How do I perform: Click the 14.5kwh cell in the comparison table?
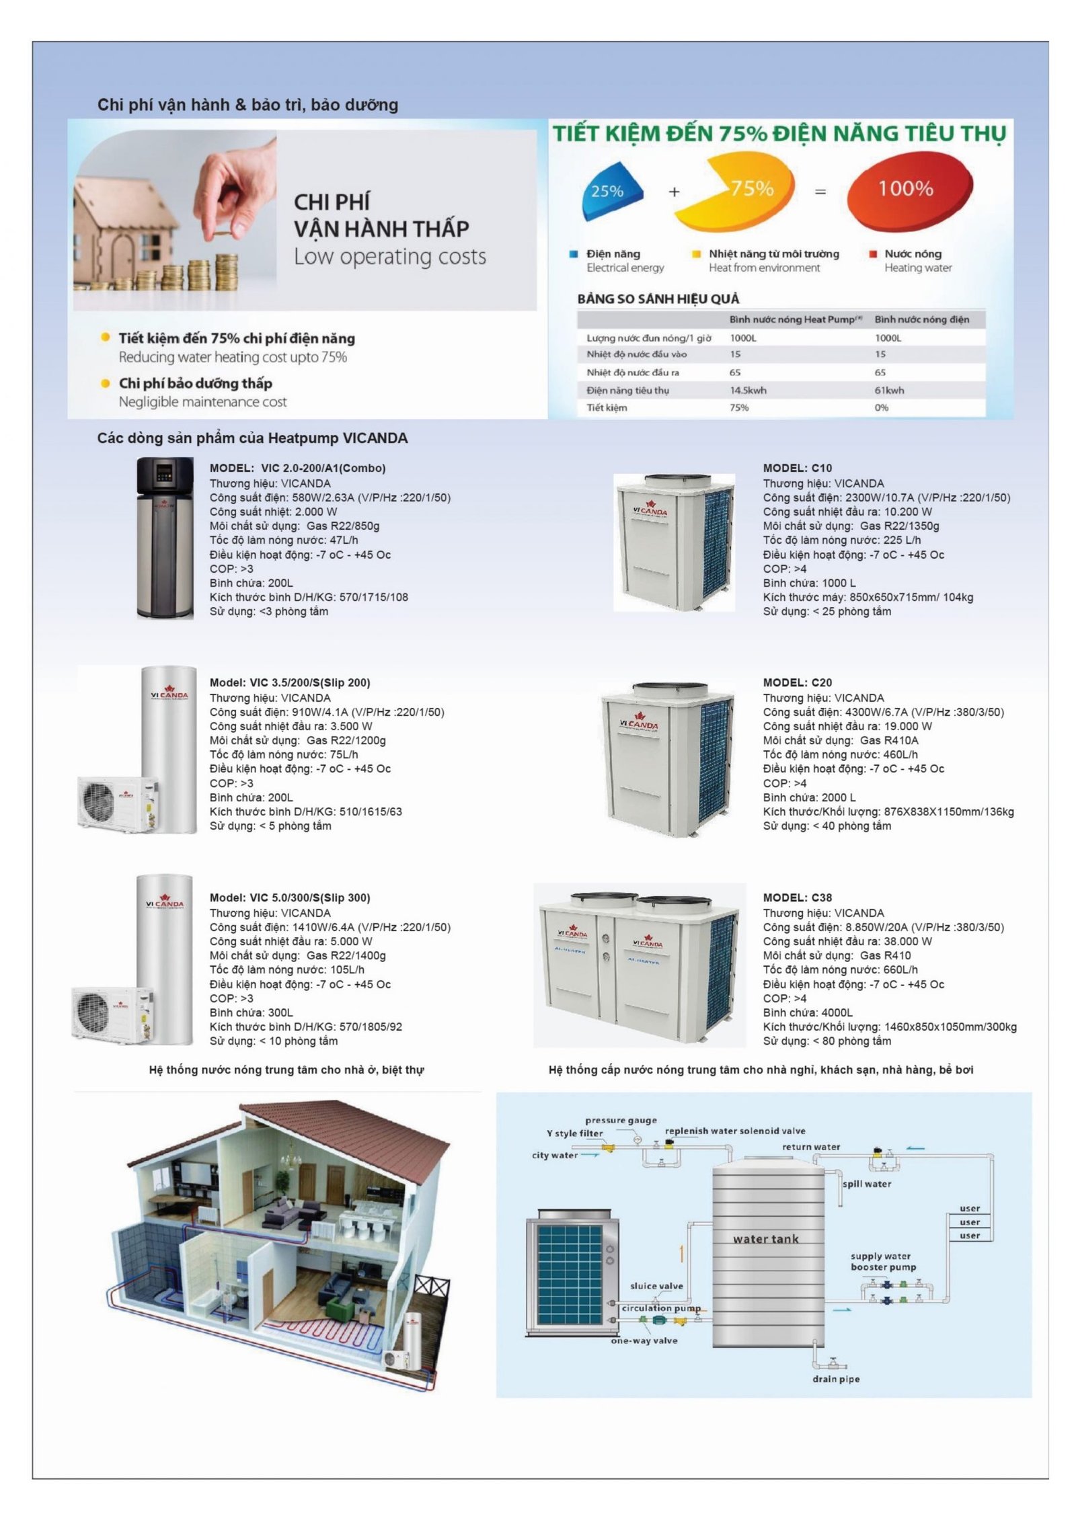pos(748,390)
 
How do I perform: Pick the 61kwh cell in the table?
pos(889,390)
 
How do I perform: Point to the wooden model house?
pos(125,232)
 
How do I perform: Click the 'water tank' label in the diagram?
pos(765,1239)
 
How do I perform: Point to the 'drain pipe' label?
pos(835,1379)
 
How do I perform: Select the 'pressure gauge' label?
pos(620,1120)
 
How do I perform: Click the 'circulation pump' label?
pos(660,1308)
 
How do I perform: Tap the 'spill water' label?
pos(866,1184)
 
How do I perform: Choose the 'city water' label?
pos(554,1155)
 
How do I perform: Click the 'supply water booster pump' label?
pos(882,1262)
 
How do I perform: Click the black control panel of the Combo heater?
pos(165,475)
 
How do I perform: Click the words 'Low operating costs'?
pos(389,257)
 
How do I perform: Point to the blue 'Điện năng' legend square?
pos(573,254)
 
